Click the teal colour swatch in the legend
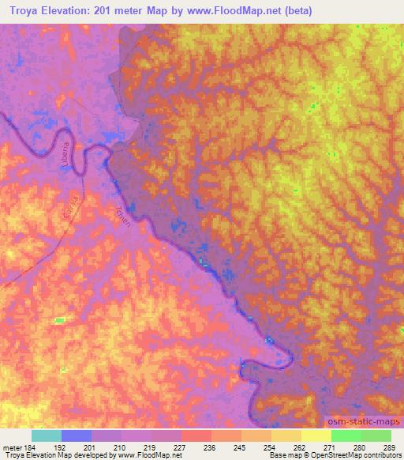tap(46, 435)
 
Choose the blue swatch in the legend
tap(76, 435)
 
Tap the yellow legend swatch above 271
tap(316, 435)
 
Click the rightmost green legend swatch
tap(376, 435)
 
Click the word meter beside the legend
tap(11, 447)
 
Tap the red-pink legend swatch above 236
tap(196, 435)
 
